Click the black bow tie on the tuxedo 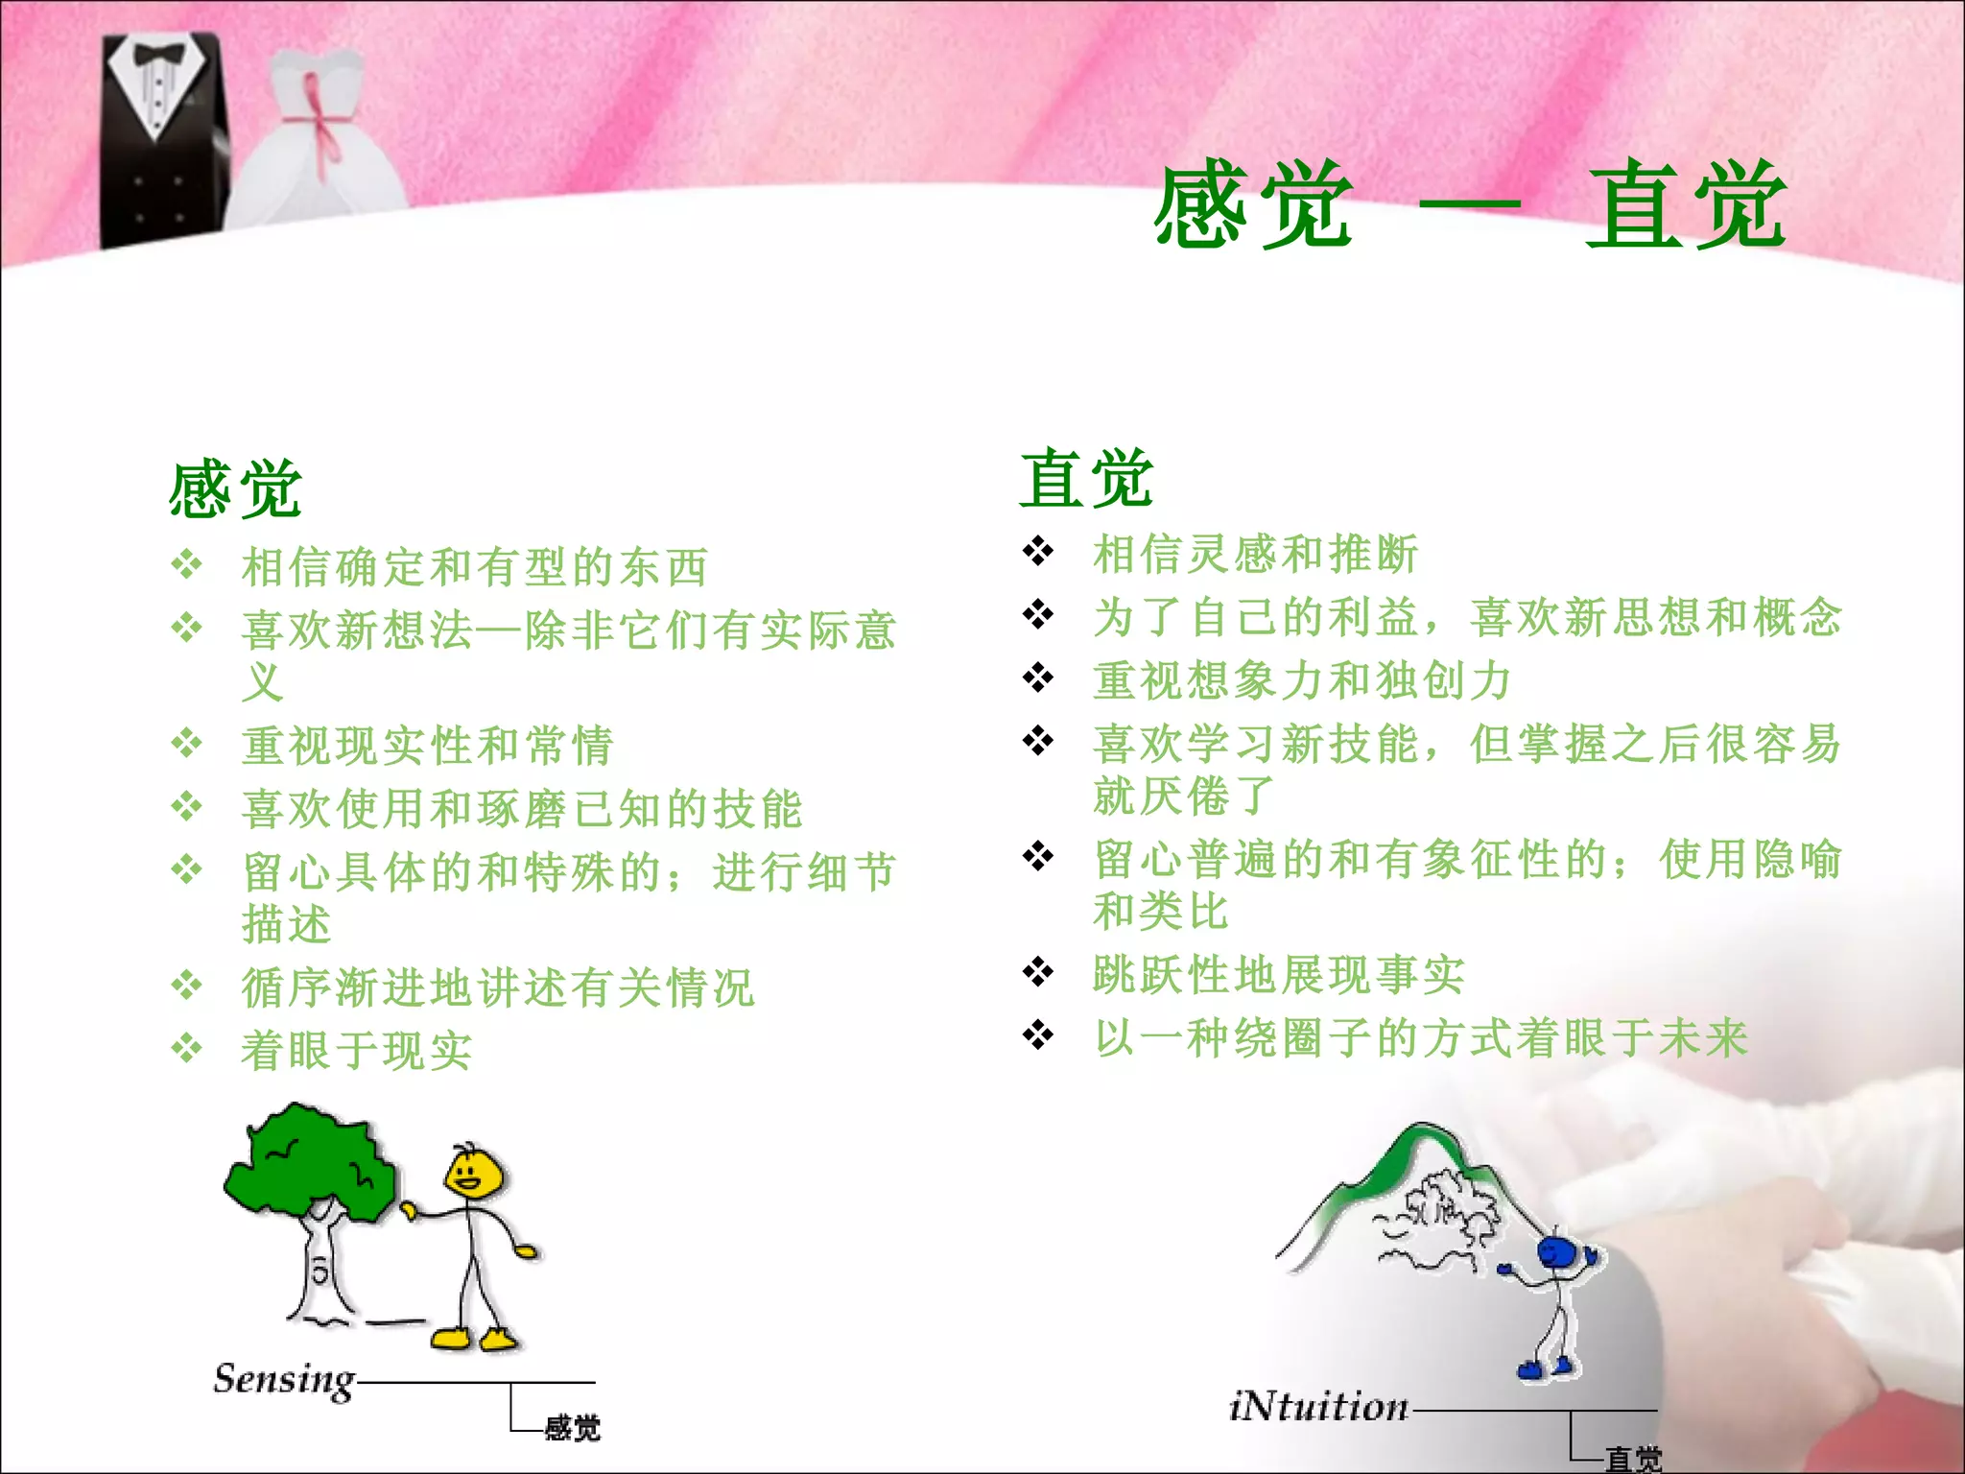pyautogui.click(x=158, y=54)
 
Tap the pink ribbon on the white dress pyautogui.click(x=320, y=120)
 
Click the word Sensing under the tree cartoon pyautogui.click(x=284, y=1380)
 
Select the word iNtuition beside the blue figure pyautogui.click(x=1318, y=1406)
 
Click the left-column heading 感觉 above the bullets pyautogui.click(x=236, y=489)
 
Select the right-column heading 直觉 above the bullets pyautogui.click(x=1086, y=478)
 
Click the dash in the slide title pyautogui.click(x=1469, y=204)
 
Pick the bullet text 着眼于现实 pyautogui.click(x=356, y=1050)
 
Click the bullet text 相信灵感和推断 pyautogui.click(x=1255, y=554)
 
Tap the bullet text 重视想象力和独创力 pyautogui.click(x=1301, y=680)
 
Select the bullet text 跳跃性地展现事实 pyautogui.click(x=1278, y=974)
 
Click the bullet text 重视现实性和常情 pyautogui.click(x=427, y=746)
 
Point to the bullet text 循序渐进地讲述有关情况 pyautogui.click(x=498, y=987)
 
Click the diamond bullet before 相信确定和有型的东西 pyautogui.click(x=186, y=564)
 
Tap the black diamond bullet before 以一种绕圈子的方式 pyautogui.click(x=1038, y=1034)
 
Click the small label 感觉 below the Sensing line pyautogui.click(x=572, y=1428)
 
